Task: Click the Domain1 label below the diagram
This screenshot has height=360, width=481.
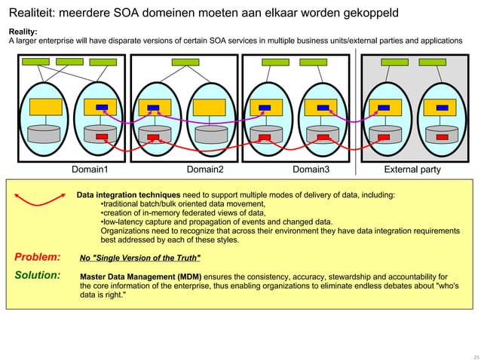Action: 90,169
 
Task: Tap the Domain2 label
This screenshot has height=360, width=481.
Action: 205,169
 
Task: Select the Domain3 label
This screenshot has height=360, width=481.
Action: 311,169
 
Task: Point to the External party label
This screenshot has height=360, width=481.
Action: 412,169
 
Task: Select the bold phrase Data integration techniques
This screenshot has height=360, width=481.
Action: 128,195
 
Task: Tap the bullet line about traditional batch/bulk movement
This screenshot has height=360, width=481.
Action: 182,204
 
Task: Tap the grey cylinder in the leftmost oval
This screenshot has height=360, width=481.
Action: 45,134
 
